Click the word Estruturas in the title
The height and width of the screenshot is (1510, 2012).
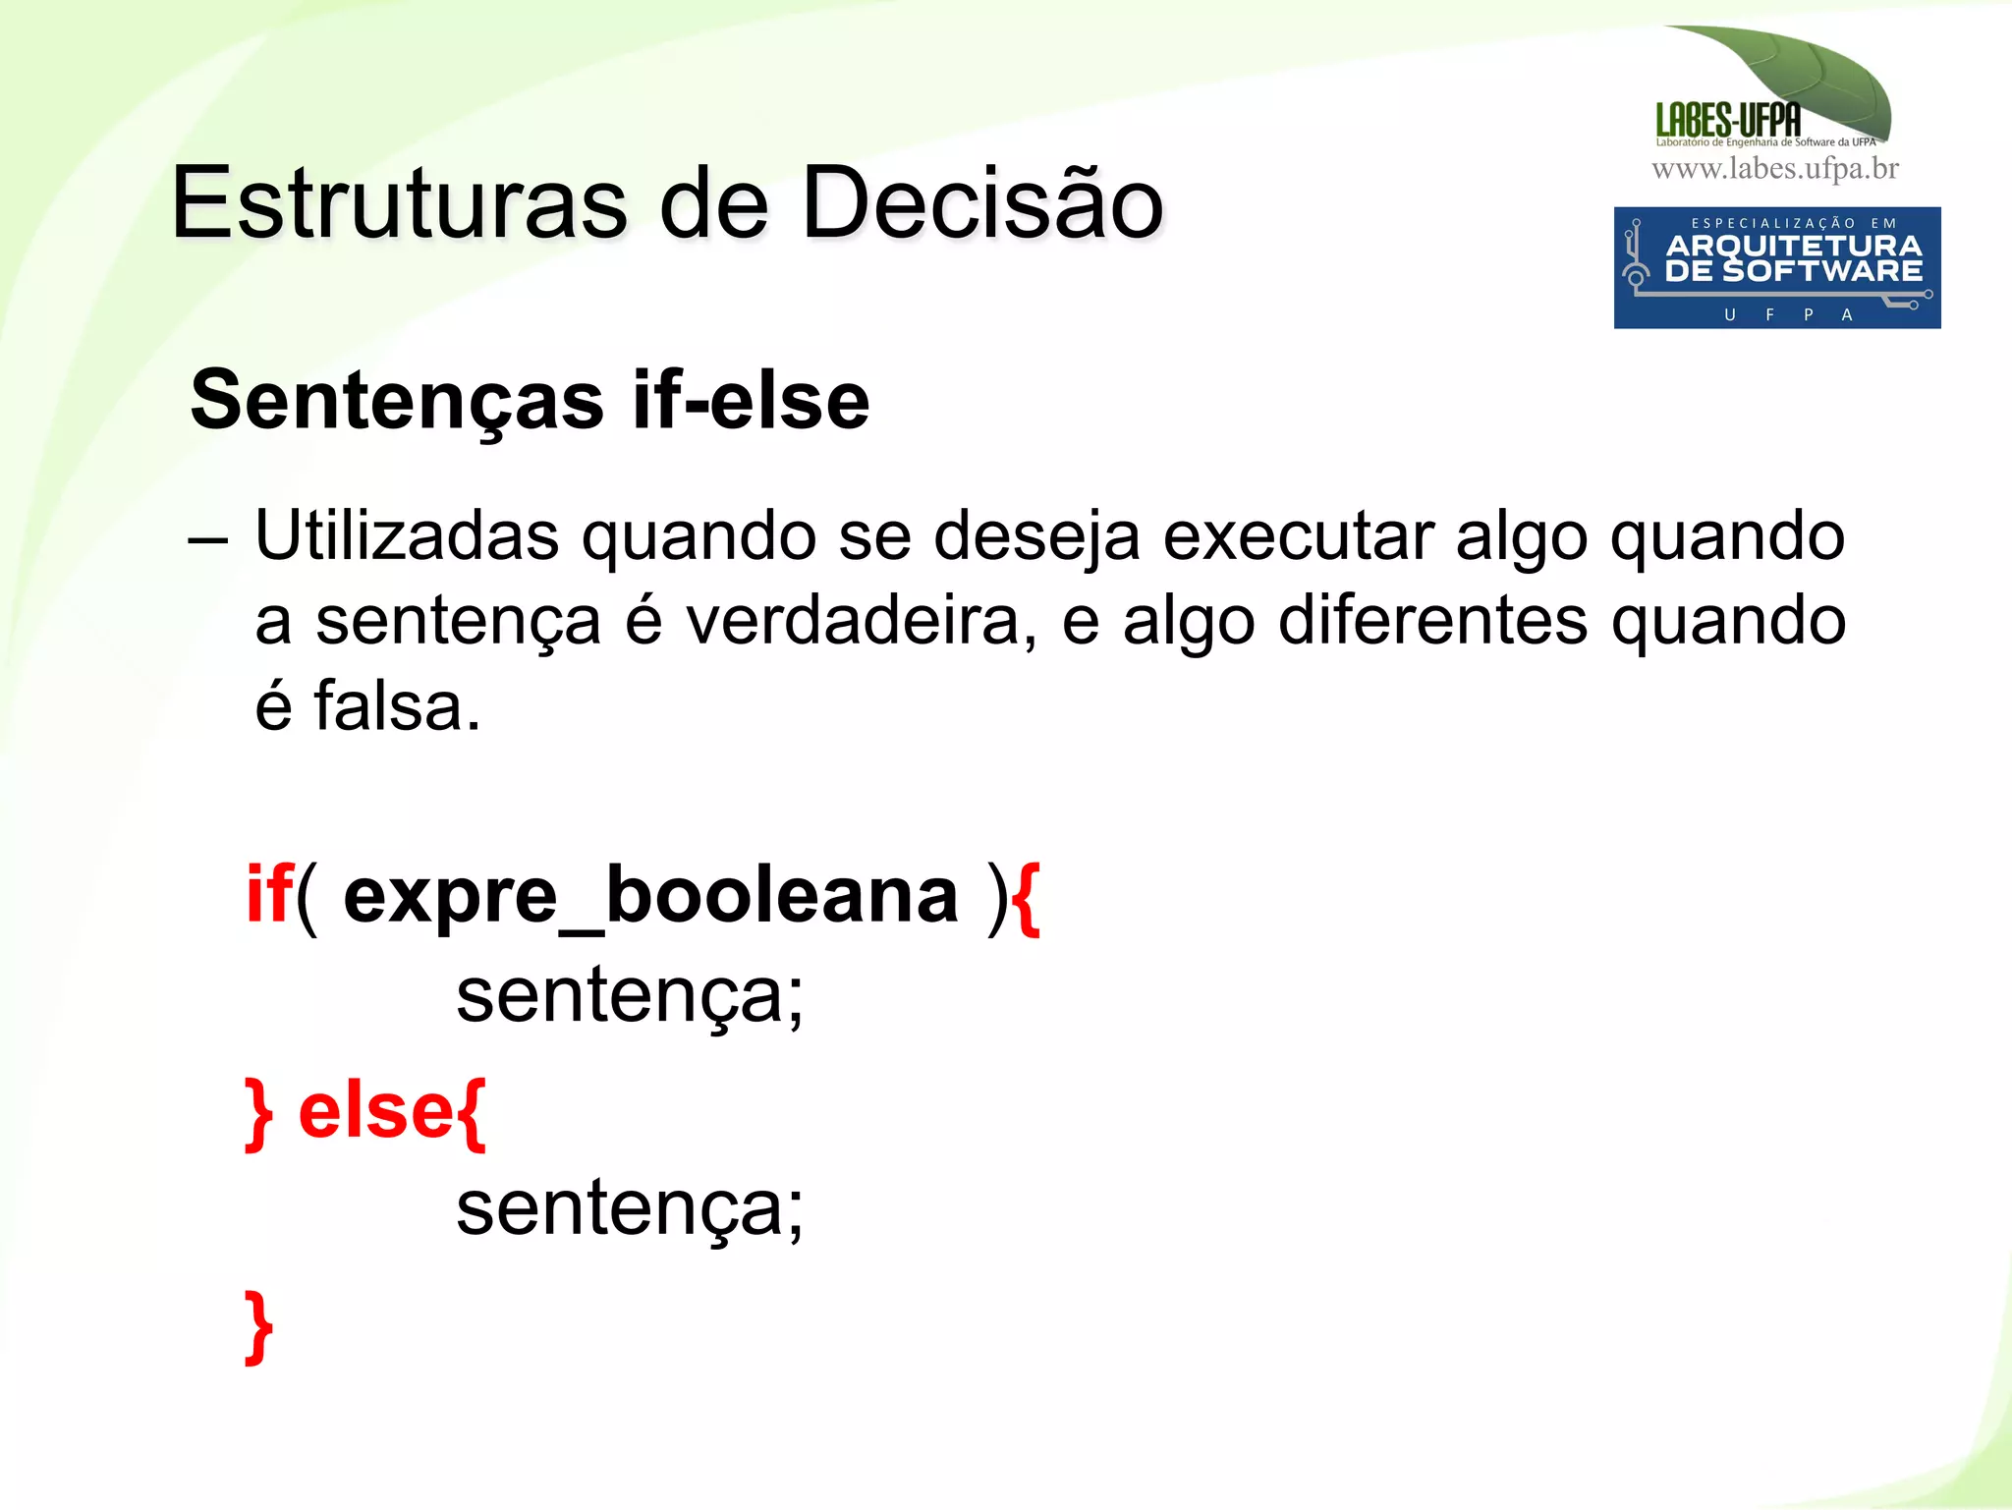coord(399,203)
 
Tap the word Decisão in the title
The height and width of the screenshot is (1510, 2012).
coord(982,203)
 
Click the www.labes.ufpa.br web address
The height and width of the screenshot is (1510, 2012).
coord(1774,169)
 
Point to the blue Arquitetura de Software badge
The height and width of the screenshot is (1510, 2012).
coord(1776,267)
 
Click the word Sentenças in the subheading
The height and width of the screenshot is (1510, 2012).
coord(397,401)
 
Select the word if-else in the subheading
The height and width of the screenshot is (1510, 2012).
coord(752,401)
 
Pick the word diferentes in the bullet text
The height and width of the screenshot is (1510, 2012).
coord(1433,622)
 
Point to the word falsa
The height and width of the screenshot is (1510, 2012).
coord(397,706)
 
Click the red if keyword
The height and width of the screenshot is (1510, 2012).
coord(268,895)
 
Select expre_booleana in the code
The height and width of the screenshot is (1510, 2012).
coord(650,897)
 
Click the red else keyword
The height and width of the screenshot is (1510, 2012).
coord(375,1112)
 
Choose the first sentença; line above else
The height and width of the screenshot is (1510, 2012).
coord(629,996)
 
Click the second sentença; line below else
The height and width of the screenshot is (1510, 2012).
coord(629,1209)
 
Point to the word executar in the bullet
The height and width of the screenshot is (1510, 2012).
coord(1298,536)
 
